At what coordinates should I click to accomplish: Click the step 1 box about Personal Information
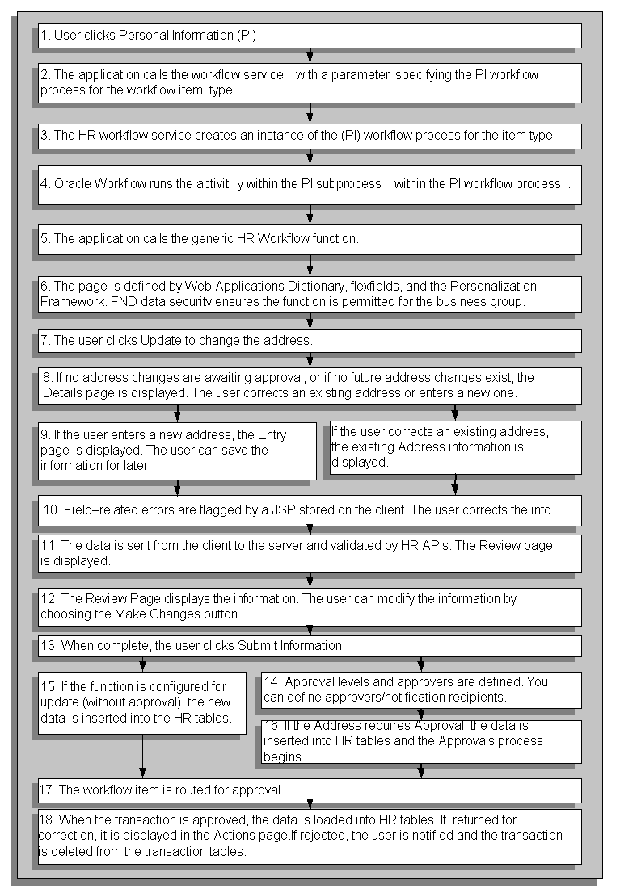click(x=310, y=36)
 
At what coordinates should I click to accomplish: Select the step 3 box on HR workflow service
click(x=310, y=136)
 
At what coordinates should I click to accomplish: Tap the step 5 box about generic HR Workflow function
click(x=310, y=239)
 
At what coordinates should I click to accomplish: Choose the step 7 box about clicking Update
click(x=310, y=341)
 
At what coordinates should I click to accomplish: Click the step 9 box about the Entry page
click(x=177, y=451)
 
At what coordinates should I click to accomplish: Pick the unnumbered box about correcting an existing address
click(x=453, y=447)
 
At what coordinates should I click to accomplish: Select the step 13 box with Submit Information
click(x=310, y=646)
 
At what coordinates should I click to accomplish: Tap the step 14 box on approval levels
click(x=420, y=690)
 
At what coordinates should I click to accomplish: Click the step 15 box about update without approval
click(x=142, y=702)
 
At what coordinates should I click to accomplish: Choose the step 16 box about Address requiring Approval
click(x=420, y=741)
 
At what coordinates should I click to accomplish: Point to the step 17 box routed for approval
click(x=310, y=790)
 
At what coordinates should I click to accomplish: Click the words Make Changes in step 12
click(x=185, y=614)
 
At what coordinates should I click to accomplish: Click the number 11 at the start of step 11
click(x=48, y=545)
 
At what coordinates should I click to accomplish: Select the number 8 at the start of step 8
click(x=48, y=377)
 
